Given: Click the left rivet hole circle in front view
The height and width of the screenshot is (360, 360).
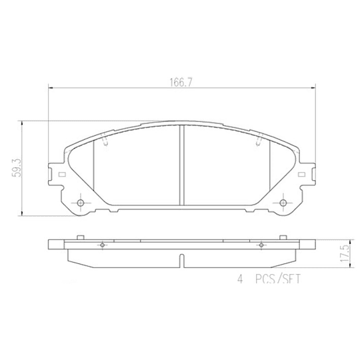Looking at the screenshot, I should (x=80, y=203).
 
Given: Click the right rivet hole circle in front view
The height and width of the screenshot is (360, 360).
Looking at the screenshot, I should (x=283, y=203).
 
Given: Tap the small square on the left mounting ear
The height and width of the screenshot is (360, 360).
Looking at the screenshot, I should (x=62, y=176).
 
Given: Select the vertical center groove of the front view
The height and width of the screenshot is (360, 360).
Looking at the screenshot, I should (x=182, y=167).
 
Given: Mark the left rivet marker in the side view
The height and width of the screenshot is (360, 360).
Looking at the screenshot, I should (x=101, y=245).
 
